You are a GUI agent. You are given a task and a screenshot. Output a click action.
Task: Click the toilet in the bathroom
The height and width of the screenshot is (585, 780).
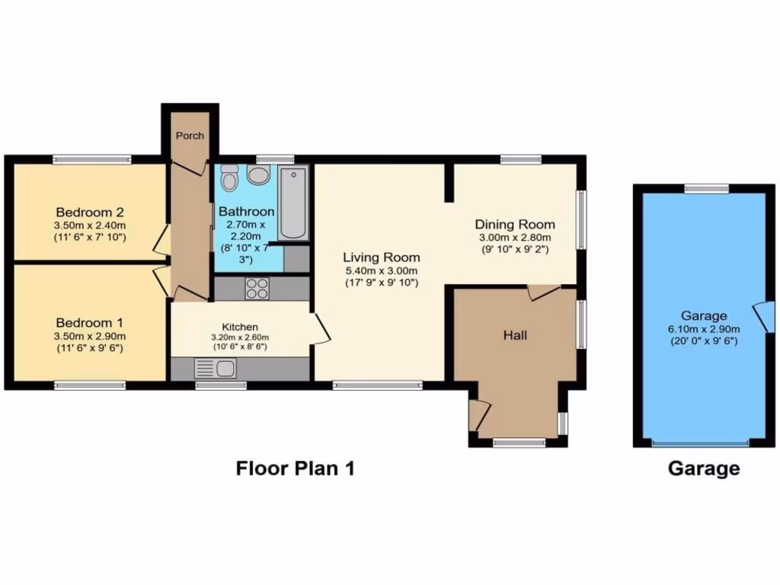(229, 180)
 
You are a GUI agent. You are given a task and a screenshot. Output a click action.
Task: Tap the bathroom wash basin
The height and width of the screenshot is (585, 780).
(258, 176)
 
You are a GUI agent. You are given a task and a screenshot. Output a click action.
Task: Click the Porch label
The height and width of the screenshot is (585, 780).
(190, 136)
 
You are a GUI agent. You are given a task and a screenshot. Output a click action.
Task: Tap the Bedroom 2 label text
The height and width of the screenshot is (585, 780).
(90, 213)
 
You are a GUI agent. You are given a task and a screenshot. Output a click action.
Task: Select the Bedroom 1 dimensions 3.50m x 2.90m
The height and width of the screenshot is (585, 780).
(90, 336)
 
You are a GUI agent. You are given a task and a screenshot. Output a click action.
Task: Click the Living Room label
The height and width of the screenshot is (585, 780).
(381, 257)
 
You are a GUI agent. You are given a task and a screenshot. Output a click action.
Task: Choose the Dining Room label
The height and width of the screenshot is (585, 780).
(515, 224)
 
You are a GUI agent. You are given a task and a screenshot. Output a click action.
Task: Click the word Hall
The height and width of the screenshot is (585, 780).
(516, 335)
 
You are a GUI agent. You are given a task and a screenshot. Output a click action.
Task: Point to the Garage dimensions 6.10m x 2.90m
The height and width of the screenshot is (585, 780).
(704, 329)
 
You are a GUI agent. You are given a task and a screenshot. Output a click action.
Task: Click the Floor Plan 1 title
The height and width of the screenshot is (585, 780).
(295, 468)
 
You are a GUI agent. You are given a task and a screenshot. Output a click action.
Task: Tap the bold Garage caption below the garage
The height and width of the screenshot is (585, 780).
(703, 468)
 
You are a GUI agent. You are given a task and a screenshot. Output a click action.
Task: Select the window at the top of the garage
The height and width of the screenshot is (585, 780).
(705, 188)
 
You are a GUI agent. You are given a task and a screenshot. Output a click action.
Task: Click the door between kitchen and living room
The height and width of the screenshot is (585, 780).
(321, 329)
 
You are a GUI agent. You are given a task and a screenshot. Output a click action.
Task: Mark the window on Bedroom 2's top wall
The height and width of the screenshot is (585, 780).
(91, 159)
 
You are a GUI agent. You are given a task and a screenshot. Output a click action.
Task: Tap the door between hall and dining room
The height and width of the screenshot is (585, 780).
(543, 292)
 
